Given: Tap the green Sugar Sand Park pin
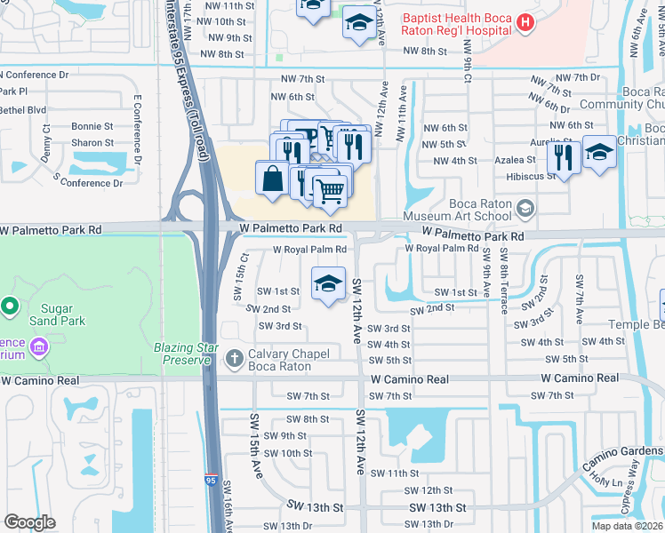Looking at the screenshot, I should tap(10, 307).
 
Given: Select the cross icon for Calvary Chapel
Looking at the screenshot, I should tap(234, 359).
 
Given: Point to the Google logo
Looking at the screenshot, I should tap(29, 522).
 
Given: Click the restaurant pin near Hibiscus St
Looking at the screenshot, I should tap(564, 156).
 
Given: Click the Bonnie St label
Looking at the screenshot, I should tap(92, 127).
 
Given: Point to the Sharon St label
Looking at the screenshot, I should tap(92, 143).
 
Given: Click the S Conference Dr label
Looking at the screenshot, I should tap(87, 182).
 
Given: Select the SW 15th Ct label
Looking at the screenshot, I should tap(244, 276).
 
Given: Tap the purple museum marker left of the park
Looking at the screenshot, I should tap(38, 345).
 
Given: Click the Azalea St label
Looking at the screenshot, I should tap(517, 160).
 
